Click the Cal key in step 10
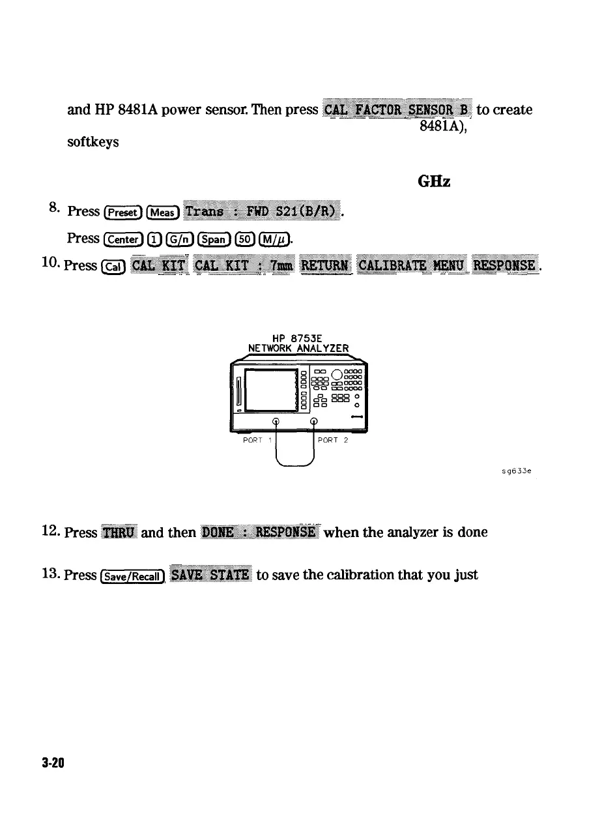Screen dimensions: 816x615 point(113,267)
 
